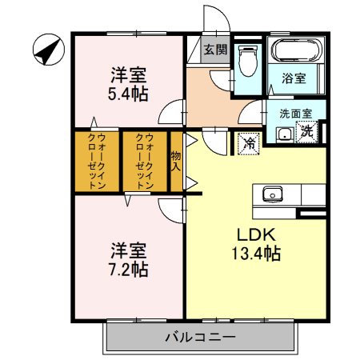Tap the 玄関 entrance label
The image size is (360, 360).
click(214, 50)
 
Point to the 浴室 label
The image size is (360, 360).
click(294, 78)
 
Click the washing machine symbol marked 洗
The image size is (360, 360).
click(307, 132)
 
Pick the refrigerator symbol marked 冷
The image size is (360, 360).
click(250, 143)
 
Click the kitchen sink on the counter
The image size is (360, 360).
click(272, 194)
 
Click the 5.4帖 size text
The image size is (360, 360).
click(129, 94)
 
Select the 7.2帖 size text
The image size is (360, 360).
click(129, 269)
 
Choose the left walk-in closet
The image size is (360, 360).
click(96, 161)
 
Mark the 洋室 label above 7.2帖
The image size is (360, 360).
click(129, 250)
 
